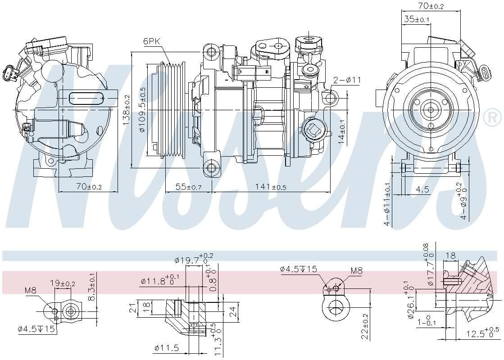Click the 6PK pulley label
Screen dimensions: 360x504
coord(152,41)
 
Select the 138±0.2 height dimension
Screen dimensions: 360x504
coord(127,110)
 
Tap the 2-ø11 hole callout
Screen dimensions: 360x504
coord(347,80)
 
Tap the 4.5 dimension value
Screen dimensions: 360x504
coord(422,189)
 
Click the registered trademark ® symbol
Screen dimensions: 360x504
coord(492,118)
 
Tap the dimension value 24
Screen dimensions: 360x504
coord(232,310)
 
